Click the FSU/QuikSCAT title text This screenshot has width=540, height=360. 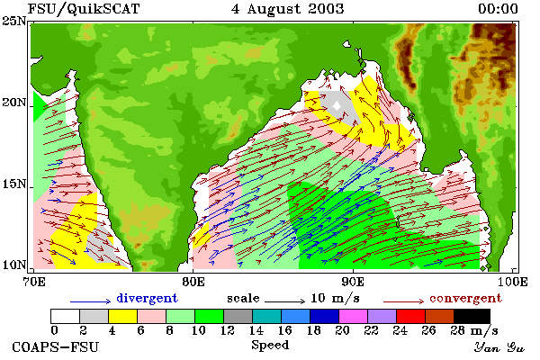(x=84, y=9)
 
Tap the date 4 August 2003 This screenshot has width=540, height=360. (x=288, y=9)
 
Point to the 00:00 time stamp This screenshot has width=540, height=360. (x=498, y=9)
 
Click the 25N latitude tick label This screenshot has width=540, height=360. (x=14, y=21)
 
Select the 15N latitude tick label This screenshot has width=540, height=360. (x=14, y=184)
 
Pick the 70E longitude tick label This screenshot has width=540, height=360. (x=34, y=282)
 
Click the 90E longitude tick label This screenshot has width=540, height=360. (x=353, y=282)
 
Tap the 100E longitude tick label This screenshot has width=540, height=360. (x=512, y=282)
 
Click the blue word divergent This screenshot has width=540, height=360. (x=147, y=298)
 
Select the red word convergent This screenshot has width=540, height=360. (x=465, y=298)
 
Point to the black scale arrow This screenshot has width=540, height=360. (x=284, y=301)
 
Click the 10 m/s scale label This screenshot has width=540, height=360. (x=335, y=298)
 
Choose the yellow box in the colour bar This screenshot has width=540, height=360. (x=122, y=316)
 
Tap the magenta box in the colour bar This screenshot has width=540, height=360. (x=354, y=316)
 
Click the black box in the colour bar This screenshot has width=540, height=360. (x=472, y=316)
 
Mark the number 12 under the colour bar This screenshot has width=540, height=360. (x=228, y=330)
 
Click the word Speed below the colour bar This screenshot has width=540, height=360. (x=270, y=346)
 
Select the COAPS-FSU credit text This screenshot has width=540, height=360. (x=55, y=346)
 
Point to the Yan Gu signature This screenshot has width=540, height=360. (x=499, y=347)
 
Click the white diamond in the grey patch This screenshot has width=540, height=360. (x=337, y=106)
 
